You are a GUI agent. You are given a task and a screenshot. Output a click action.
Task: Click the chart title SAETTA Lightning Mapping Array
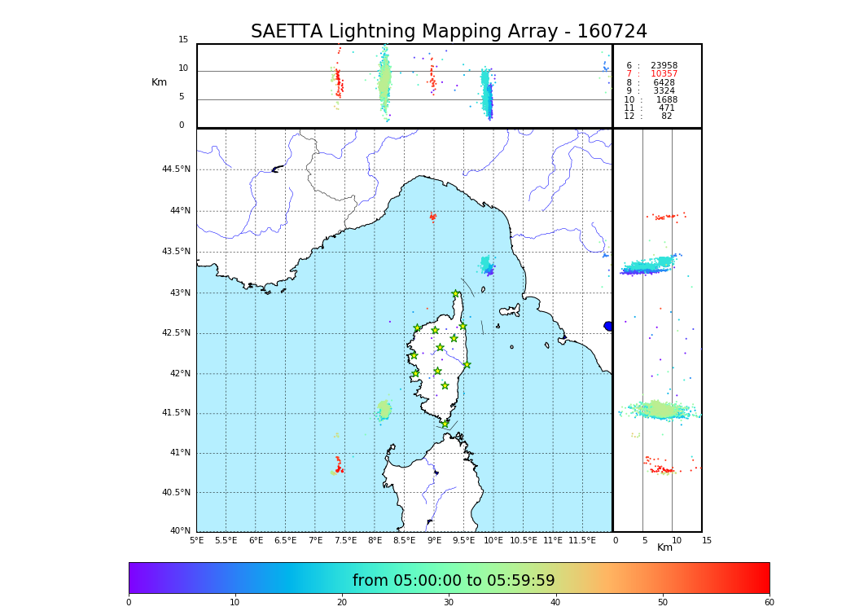449,32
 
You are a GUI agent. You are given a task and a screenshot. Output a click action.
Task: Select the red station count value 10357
664,74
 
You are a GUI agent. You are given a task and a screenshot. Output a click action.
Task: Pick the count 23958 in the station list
664,65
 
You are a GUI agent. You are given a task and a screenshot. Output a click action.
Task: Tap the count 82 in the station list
666,116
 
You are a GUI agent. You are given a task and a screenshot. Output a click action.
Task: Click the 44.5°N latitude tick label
176,169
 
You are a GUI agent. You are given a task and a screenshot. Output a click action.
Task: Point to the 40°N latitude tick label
180,531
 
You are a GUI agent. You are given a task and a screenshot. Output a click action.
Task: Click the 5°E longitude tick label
196,540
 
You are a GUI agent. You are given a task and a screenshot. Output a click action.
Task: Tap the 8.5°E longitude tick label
404,540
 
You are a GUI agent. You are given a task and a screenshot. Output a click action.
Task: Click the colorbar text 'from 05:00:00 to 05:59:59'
454,581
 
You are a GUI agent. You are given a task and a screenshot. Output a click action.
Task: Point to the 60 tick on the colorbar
769,603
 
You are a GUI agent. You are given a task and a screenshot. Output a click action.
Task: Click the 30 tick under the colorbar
449,603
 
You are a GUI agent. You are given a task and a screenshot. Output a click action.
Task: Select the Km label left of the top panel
159,82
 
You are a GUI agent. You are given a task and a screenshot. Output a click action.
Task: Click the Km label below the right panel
664,547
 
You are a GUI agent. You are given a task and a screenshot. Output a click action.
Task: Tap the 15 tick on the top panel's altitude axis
183,40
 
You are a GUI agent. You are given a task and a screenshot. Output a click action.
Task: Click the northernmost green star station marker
456,293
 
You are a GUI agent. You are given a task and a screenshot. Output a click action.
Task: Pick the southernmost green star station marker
445,424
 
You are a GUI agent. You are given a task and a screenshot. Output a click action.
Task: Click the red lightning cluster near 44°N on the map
432,217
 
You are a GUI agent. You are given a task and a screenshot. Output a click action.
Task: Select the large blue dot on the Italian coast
608,326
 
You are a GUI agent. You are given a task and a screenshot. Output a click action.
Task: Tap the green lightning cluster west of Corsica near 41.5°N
384,409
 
